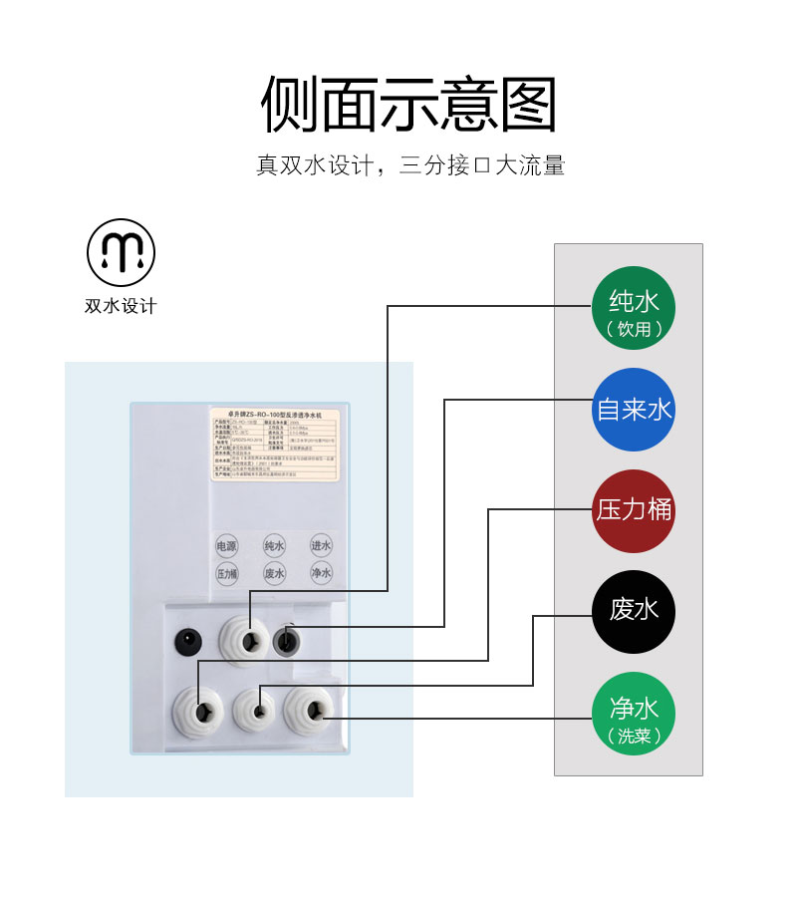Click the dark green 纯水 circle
(x=634, y=308)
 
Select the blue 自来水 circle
(x=634, y=409)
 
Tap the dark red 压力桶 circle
(x=634, y=510)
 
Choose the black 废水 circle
(x=634, y=610)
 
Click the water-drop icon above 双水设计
(x=121, y=249)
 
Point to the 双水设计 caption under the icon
(x=121, y=306)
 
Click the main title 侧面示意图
(x=408, y=105)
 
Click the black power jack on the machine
(x=187, y=639)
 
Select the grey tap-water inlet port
(x=287, y=640)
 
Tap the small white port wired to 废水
(x=257, y=711)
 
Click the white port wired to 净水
(x=309, y=709)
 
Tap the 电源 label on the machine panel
(x=226, y=546)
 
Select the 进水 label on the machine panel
(x=320, y=545)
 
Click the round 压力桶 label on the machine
(x=226, y=574)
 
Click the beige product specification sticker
(x=274, y=445)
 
